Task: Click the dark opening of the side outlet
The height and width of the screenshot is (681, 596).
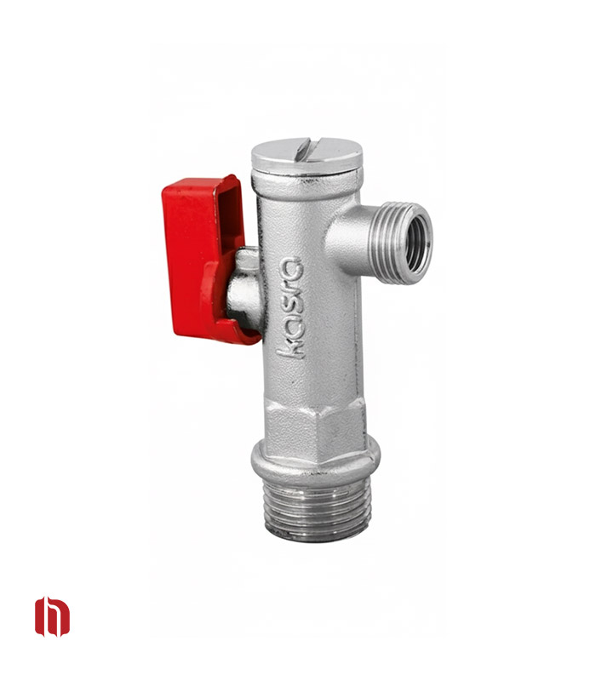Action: tap(417, 244)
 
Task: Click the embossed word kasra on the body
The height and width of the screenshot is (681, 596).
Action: tap(290, 307)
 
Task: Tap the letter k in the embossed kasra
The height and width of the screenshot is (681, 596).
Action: tap(290, 347)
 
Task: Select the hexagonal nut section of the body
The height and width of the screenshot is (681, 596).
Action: tap(316, 428)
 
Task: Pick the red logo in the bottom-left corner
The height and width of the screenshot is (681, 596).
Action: tap(52, 616)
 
